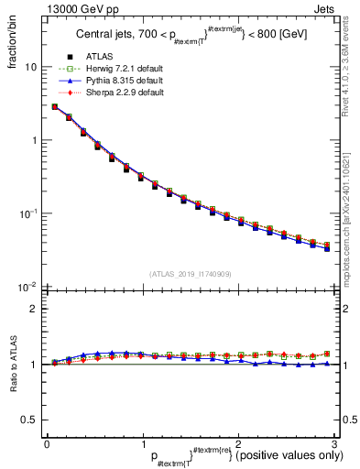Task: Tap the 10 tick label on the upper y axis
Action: click(30, 68)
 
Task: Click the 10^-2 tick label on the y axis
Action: click(28, 286)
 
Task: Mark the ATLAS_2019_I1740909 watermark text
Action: click(191, 274)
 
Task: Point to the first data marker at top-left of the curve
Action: click(55, 107)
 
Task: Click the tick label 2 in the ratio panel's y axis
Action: click(34, 309)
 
